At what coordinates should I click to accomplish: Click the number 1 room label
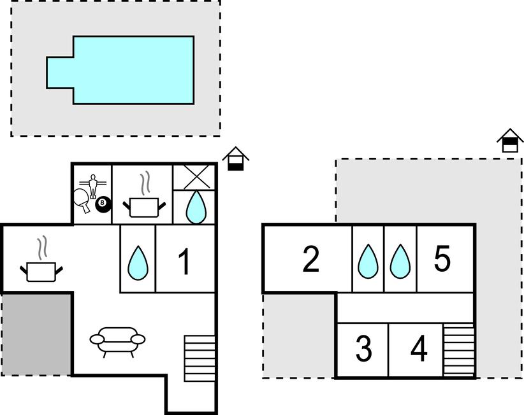click(185, 262)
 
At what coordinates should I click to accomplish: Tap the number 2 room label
click(311, 259)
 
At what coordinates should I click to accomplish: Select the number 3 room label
click(363, 349)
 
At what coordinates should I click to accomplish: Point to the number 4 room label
click(419, 349)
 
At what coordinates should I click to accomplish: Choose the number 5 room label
click(442, 258)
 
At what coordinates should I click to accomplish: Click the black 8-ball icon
click(103, 204)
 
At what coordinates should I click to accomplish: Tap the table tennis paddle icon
click(82, 200)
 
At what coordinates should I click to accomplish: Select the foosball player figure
click(92, 186)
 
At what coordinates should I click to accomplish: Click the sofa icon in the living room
click(117, 342)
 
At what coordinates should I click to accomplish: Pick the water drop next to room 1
click(138, 263)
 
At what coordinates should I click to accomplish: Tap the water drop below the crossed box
click(196, 207)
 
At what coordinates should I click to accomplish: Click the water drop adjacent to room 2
click(368, 261)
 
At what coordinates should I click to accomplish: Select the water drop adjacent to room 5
click(400, 261)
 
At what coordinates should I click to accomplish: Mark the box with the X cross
click(194, 177)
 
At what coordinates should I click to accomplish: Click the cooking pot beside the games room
click(144, 200)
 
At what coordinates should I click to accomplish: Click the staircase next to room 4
click(459, 350)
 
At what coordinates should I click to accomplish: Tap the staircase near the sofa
click(200, 358)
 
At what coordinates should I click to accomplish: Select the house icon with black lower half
click(236, 158)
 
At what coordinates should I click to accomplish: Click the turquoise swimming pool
click(120, 70)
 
